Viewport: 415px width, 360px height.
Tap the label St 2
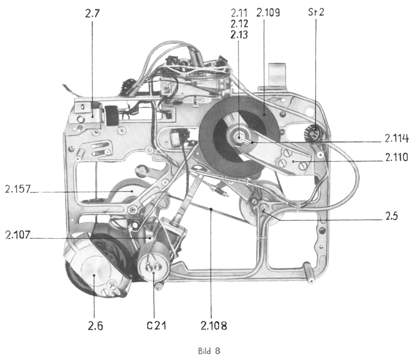(315, 12)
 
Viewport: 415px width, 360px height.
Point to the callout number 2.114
(397, 139)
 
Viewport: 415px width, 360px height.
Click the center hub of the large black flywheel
(240, 139)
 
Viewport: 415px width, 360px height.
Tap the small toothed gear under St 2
(313, 134)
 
